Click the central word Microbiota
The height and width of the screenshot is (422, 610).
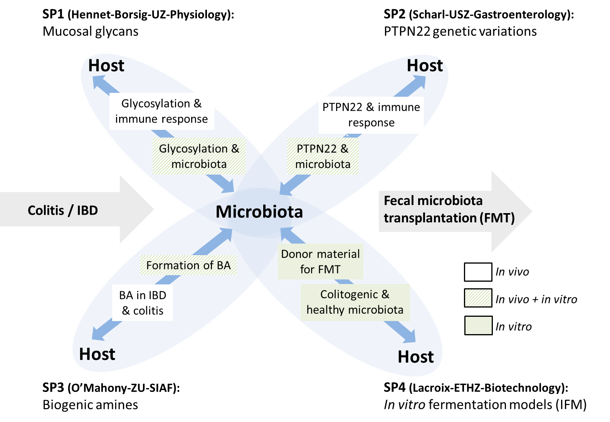pyautogui.click(x=259, y=212)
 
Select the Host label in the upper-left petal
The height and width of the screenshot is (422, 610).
pyautogui.click(x=106, y=66)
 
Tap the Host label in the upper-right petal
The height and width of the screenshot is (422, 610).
pyautogui.click(x=425, y=66)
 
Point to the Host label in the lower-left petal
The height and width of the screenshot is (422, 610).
pyautogui.click(x=97, y=354)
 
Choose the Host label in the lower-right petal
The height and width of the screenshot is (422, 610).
pyautogui.click(x=415, y=357)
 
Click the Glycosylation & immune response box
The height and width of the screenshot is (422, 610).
pyautogui.click(x=161, y=111)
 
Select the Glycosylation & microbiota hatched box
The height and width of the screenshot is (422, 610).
pyautogui.click(x=199, y=156)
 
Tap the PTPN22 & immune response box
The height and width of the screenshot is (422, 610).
pyautogui.click(x=371, y=115)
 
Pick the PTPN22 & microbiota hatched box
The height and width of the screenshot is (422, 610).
pyautogui.click(x=323, y=156)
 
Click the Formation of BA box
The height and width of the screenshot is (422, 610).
pyautogui.click(x=188, y=265)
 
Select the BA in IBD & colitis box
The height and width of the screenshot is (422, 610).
pyautogui.click(x=143, y=303)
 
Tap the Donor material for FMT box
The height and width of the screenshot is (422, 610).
pyautogui.click(x=320, y=261)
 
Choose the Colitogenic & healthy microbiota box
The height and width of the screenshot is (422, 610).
pyautogui.click(x=355, y=302)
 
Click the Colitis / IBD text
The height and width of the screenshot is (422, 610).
pyautogui.click(x=63, y=210)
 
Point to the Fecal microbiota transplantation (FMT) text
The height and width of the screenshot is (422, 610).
pyautogui.click(x=449, y=209)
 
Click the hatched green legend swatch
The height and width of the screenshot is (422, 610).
pyautogui.click(x=478, y=298)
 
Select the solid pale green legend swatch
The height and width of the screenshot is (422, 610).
pyautogui.click(x=478, y=325)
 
